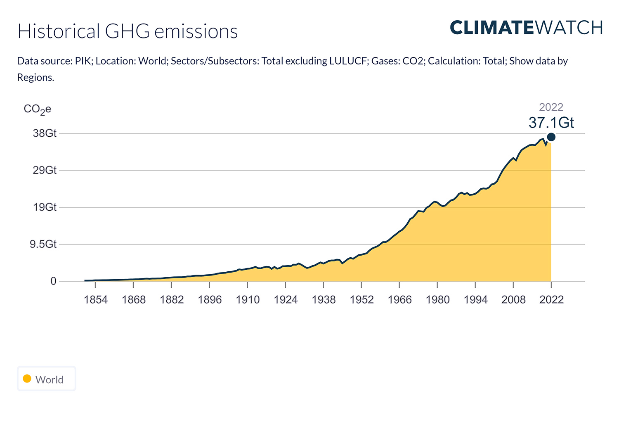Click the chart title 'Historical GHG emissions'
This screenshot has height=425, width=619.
coord(128,31)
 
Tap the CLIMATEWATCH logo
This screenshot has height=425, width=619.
coord(526,28)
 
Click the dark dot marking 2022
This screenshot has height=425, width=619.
coord(551,137)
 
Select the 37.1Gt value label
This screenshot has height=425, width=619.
coord(551,123)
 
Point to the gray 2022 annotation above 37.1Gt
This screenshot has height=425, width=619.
coord(551,107)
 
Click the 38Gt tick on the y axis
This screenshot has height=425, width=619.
coord(45,133)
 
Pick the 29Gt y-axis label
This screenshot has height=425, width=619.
coord(45,170)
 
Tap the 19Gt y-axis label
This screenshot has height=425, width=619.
coord(45,207)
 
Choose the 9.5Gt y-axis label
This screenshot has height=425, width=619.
coord(43,244)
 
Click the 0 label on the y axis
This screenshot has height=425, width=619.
coord(53,281)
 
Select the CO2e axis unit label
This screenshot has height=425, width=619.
coord(38,109)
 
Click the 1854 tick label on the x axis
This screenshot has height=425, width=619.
coord(96,299)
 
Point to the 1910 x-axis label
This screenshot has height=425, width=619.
coord(248,299)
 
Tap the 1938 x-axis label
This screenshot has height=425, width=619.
coord(324,299)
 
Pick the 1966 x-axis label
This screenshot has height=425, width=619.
coord(399,299)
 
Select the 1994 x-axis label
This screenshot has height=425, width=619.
coord(475,299)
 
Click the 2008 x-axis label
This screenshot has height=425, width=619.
coord(513,299)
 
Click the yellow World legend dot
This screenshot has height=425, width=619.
coord(27,379)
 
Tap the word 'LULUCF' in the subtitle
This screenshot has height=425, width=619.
coord(348,61)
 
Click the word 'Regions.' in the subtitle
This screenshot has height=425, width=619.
coord(35,78)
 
